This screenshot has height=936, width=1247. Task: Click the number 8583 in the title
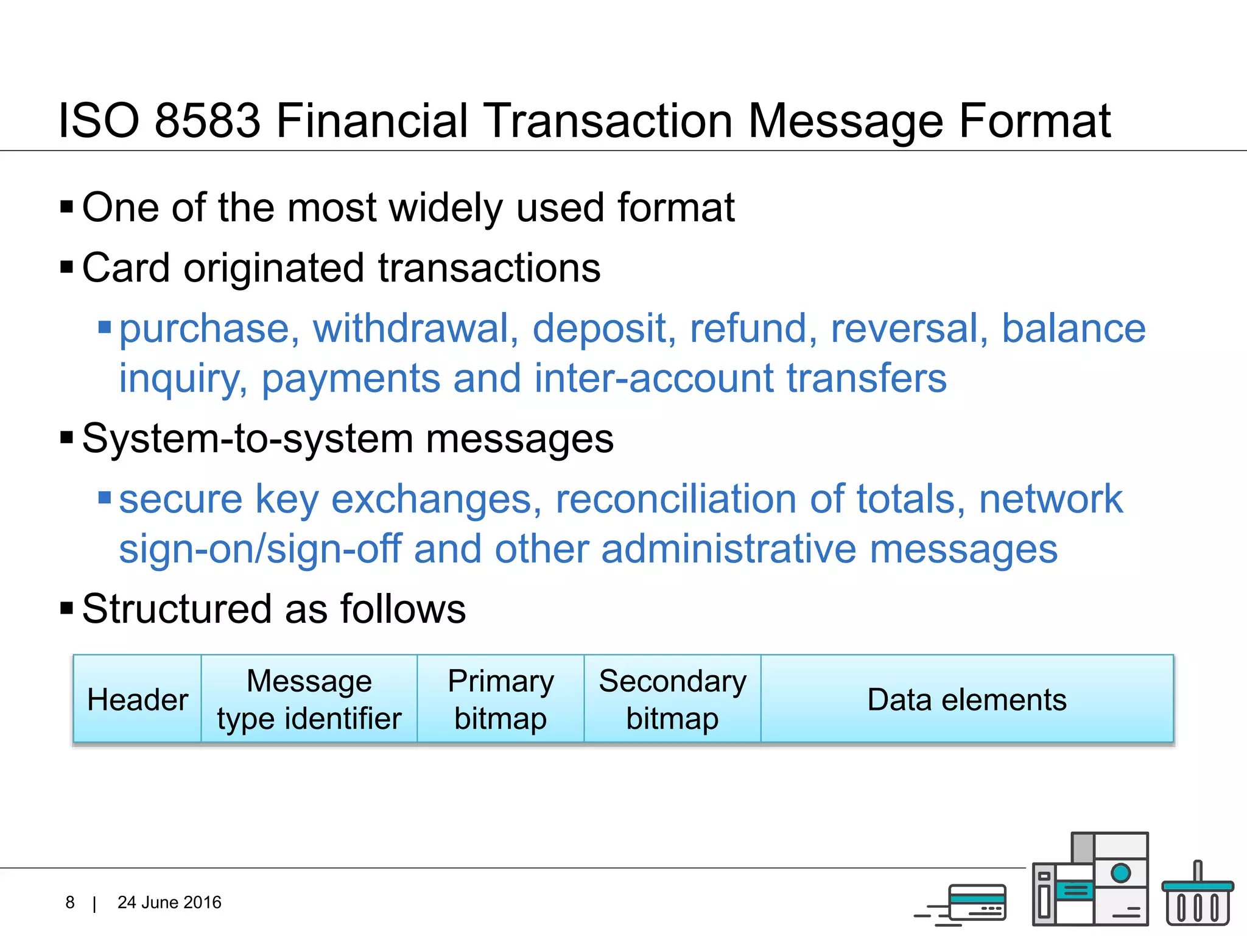point(208,121)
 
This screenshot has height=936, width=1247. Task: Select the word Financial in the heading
point(372,121)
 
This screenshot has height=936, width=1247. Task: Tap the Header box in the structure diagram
point(138,700)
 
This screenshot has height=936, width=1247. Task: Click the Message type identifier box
point(309,700)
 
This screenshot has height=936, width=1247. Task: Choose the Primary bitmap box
point(501,700)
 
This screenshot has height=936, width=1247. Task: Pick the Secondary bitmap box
point(672,700)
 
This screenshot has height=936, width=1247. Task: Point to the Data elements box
point(967,700)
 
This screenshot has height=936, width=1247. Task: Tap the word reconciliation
point(676,500)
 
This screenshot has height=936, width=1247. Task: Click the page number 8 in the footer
point(70,902)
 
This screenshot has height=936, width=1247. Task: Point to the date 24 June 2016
point(169,902)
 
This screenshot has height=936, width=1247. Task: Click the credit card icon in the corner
point(976,903)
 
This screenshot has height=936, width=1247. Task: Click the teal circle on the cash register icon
point(1120,873)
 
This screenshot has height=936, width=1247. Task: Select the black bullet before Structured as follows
point(67,608)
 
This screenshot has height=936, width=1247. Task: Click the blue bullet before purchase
point(105,328)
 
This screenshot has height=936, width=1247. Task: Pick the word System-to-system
point(247,439)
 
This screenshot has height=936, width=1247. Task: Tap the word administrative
point(728,549)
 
